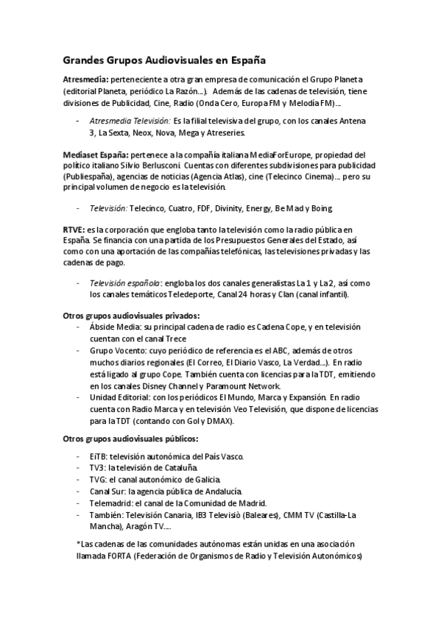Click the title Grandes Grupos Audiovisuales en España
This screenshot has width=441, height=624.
[x=164, y=57]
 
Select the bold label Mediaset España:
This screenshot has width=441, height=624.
[x=94, y=155]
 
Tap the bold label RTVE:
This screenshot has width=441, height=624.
[x=74, y=231]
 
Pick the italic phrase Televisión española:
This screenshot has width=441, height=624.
[x=125, y=283]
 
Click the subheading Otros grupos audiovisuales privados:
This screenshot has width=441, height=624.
[x=131, y=315]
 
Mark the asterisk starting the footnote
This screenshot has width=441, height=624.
[x=77, y=544]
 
